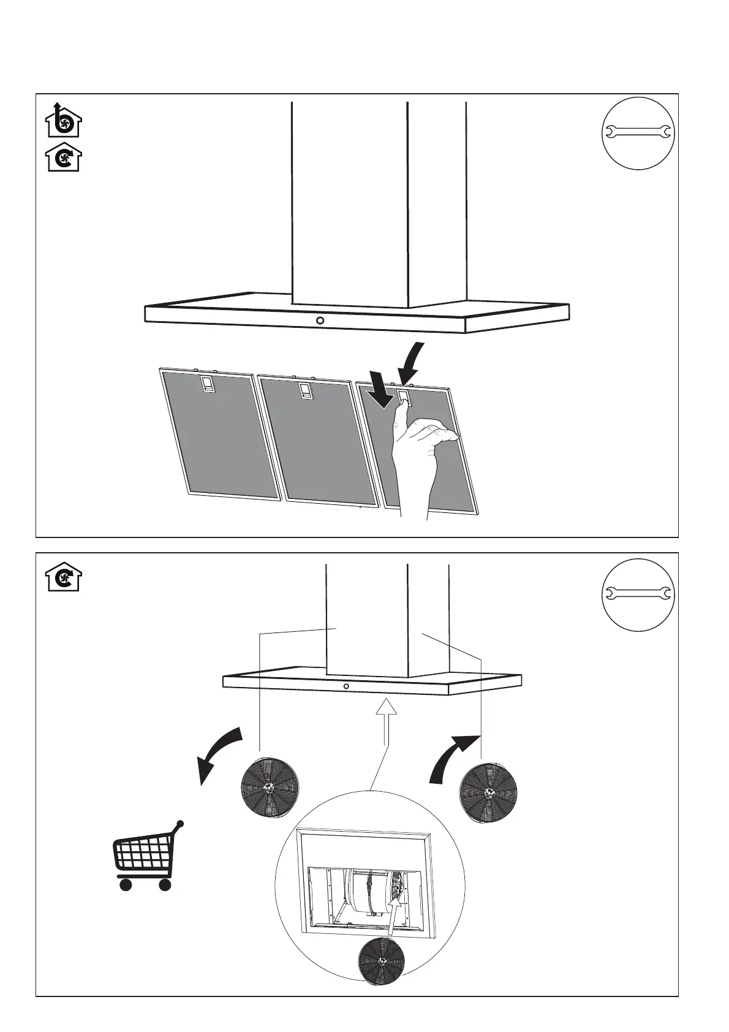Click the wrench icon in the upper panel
click(638, 132)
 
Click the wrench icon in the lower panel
click(638, 593)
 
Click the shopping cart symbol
click(146, 857)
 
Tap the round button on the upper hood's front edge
click(320, 321)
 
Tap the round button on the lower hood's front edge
click(347, 686)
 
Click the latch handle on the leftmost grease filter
click(208, 385)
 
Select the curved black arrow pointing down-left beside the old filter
click(217, 753)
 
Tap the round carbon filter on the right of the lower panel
click(488, 792)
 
